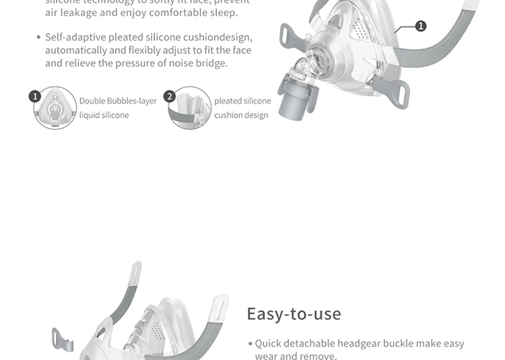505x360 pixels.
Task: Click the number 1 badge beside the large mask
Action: point(421,26)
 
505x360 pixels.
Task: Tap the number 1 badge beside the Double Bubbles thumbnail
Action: point(35,97)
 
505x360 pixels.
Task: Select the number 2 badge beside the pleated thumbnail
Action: point(170,97)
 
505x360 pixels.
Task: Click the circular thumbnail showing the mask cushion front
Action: point(55,108)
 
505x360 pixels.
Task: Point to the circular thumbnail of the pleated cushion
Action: point(191,108)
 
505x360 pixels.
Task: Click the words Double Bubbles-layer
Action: point(118,101)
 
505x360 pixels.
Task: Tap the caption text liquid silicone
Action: point(104,115)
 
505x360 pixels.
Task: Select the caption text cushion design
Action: point(241,115)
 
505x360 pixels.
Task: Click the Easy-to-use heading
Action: point(294,314)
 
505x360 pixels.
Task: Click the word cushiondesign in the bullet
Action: point(218,38)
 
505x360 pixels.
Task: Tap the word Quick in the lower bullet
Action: point(268,343)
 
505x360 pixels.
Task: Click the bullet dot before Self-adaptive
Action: point(38,38)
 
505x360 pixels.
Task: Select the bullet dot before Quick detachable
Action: point(250,344)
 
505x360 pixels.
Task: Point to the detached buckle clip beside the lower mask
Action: point(63,338)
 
